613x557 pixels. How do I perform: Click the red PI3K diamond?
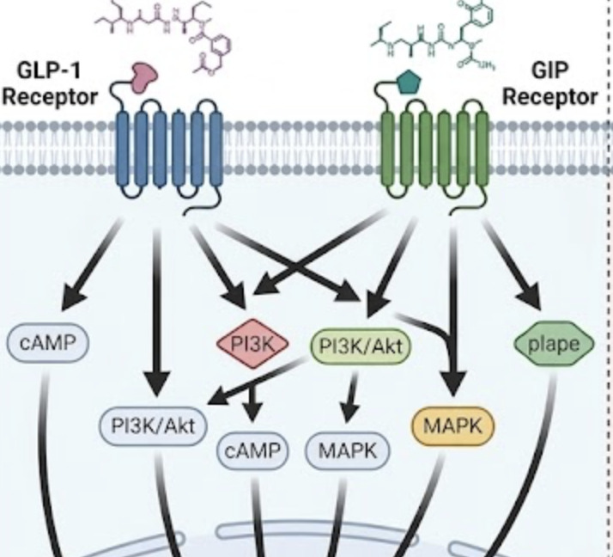pos(248,345)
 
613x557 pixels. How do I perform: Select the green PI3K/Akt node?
pos(360,346)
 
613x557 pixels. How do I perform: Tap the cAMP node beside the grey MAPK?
pos(254,450)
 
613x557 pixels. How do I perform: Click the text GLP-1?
pos(41,70)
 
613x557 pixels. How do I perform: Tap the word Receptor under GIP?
pos(549,96)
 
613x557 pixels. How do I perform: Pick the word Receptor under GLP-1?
pos(49,96)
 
